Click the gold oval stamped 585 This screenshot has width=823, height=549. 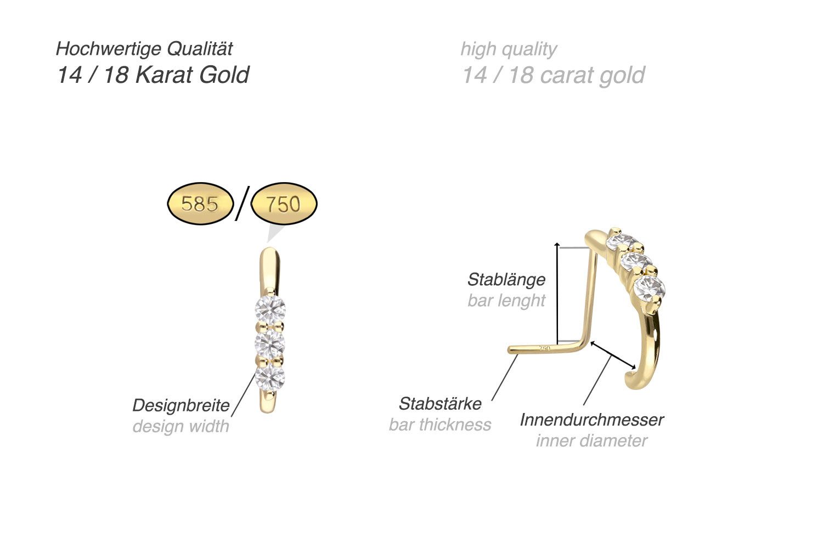tap(200, 204)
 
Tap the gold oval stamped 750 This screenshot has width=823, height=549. tap(284, 204)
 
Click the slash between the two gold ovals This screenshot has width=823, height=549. tap(242, 203)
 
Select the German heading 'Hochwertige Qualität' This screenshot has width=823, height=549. tap(144, 49)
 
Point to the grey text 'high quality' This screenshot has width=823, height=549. tap(509, 49)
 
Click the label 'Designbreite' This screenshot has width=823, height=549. tap(181, 405)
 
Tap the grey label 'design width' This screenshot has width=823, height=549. tap(181, 426)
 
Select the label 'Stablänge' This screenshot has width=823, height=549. tap(506, 279)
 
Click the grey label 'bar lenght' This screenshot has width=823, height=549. tap(506, 301)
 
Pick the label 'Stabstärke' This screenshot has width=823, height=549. tap(440, 404)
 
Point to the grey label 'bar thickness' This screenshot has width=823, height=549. tap(440, 425)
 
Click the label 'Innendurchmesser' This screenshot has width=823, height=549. tap(591, 420)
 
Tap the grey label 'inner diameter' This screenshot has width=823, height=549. tap(591, 440)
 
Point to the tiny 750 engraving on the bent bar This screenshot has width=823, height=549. tap(545, 348)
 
